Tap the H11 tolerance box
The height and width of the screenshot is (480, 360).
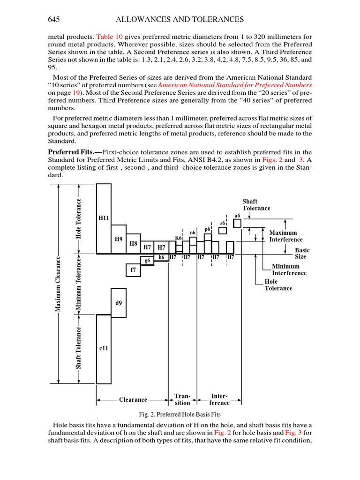pyautogui.click(x=104, y=218)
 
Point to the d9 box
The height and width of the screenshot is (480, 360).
pyautogui.click(x=119, y=303)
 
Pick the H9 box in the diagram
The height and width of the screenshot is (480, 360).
pyautogui.click(x=119, y=239)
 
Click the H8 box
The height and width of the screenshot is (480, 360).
pyautogui.click(x=133, y=244)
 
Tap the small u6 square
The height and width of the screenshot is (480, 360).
pyautogui.click(x=237, y=223)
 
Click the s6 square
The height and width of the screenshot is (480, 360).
pyautogui.click(x=223, y=230)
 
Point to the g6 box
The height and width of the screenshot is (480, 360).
pyautogui.click(x=147, y=260)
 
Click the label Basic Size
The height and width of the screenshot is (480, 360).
pyautogui.click(x=300, y=254)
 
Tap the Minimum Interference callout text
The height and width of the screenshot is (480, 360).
pyautogui.click(x=289, y=270)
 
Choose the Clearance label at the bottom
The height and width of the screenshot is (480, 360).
pyautogui.click(x=133, y=399)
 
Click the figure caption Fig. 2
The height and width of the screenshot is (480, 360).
pyautogui.click(x=180, y=414)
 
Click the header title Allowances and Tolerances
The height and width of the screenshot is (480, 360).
pyautogui.click(x=180, y=19)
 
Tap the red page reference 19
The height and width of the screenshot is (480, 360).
pyautogui.click(x=76, y=93)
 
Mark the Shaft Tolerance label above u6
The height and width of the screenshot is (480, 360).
pyautogui.click(x=256, y=205)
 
